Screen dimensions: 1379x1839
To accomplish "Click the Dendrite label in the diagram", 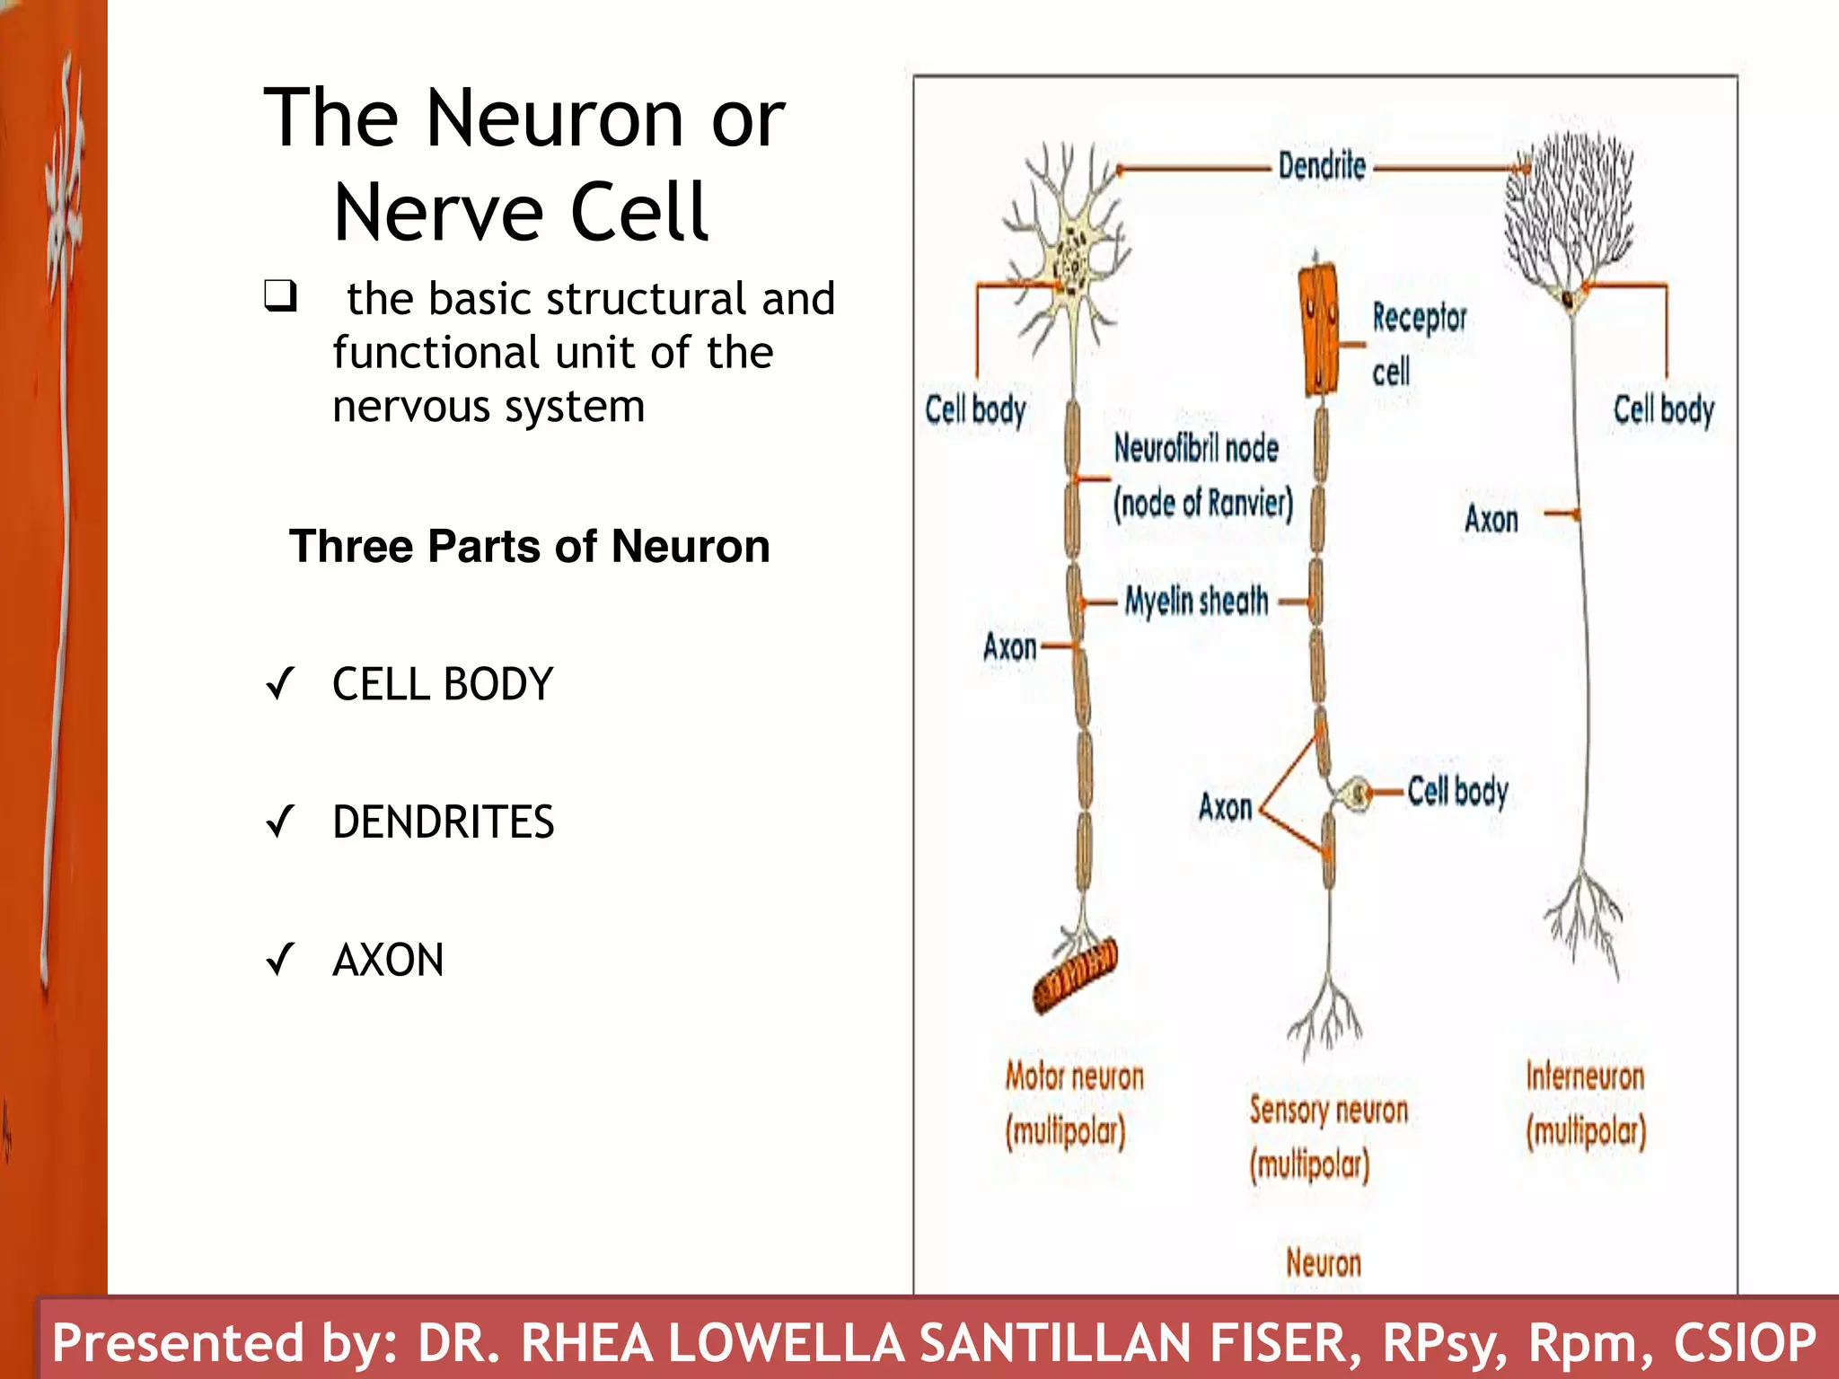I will tap(1322, 167).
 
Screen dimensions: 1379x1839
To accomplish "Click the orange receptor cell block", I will tap(1318, 329).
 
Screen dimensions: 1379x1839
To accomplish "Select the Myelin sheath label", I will tap(1197, 602).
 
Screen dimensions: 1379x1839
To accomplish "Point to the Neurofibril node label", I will tap(1196, 448).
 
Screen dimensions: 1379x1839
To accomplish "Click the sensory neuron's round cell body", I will tap(1358, 794).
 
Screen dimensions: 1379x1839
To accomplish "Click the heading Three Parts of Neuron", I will tap(530, 547).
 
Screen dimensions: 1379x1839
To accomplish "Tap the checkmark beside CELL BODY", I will tap(280, 684).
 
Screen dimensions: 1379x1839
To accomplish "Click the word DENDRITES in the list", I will tap(444, 821).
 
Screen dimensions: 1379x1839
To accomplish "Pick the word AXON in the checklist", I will tap(388, 960).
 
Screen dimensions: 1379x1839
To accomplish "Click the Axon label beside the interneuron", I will tap(1491, 519).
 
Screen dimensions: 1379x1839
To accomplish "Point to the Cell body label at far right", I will tap(1663, 409).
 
